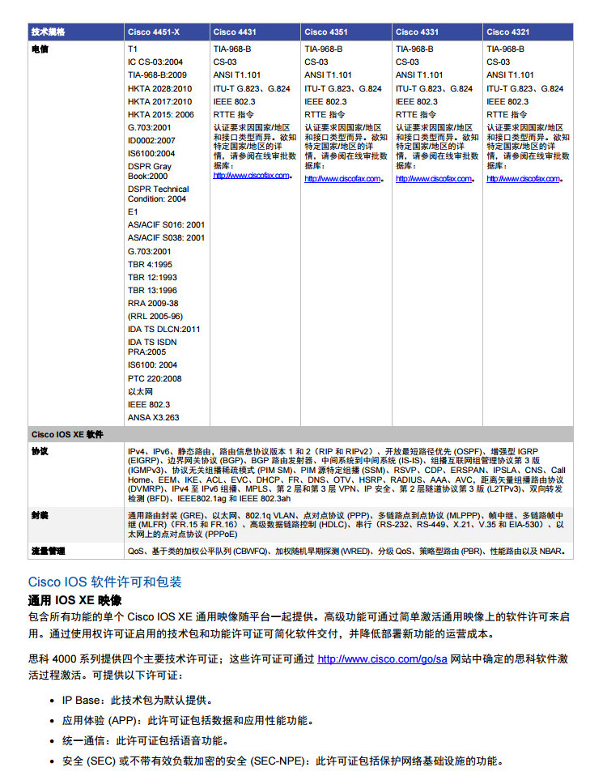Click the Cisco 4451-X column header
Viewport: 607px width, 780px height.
(x=154, y=32)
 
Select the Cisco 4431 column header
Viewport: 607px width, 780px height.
(x=235, y=32)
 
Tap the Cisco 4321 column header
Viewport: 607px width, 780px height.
(x=508, y=32)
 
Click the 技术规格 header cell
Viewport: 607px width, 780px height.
(x=48, y=32)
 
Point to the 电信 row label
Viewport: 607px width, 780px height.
(x=40, y=49)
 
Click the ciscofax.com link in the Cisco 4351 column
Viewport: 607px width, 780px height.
(x=342, y=179)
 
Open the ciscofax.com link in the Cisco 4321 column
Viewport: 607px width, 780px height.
(x=524, y=179)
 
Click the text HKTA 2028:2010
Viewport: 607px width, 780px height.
(x=160, y=88)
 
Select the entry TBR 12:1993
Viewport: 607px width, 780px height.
(x=152, y=277)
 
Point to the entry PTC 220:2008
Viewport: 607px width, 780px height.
(x=155, y=378)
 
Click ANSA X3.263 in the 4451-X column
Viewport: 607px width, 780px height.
(x=154, y=417)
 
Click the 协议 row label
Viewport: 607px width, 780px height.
(x=40, y=450)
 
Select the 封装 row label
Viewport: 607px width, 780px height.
(x=40, y=515)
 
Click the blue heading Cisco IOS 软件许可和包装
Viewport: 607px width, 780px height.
(x=105, y=582)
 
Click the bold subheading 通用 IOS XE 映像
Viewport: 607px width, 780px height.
(x=74, y=600)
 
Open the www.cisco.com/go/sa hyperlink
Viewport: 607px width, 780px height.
(x=382, y=659)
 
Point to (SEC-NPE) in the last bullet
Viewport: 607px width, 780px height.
(x=284, y=761)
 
